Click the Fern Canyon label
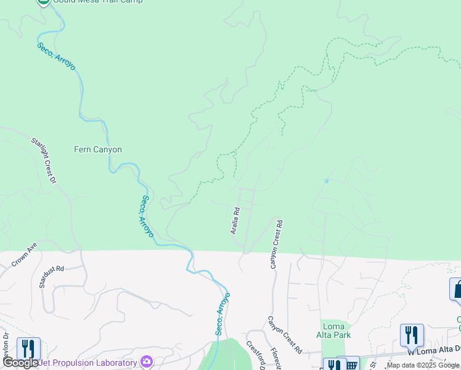pos(98,149)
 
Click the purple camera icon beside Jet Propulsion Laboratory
pos(147,361)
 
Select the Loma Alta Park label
pos(336,331)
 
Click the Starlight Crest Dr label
pos(44,160)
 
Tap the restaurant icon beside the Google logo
pos(28,349)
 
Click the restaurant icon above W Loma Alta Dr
pos(412,335)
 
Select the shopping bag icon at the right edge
pos(457,289)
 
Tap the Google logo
pos(20,363)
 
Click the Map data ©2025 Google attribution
pos(423,365)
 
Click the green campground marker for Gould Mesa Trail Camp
pos(44,1)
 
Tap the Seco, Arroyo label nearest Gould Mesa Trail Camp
pos(56,56)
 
